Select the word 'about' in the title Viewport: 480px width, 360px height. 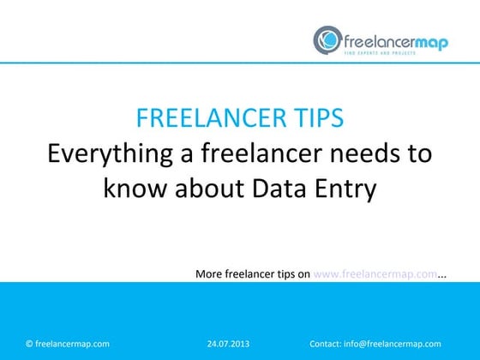pyautogui.click(x=205, y=188)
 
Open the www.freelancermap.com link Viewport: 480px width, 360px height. pyautogui.click(x=376, y=274)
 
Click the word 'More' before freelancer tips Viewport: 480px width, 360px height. pyautogui.click(x=209, y=274)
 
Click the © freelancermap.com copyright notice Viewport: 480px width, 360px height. pyautogui.click(x=68, y=344)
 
